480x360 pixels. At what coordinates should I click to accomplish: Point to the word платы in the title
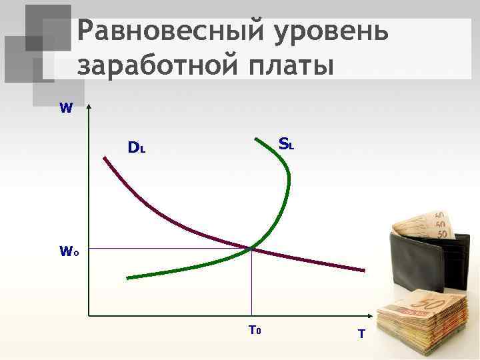(291, 67)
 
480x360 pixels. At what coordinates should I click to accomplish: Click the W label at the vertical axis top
(66, 107)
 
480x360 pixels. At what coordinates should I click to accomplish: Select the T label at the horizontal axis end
(361, 333)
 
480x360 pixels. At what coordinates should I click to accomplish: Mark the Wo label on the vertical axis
(69, 251)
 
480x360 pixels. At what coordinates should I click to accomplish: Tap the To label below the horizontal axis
(254, 329)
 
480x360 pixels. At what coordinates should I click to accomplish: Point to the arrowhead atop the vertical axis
(89, 107)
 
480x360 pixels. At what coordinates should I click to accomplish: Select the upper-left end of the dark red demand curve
(105, 157)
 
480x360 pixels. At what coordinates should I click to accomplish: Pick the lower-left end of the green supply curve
(127, 277)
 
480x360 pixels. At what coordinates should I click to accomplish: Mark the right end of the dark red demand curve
(364, 270)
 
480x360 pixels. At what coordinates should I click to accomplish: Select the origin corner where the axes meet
(89, 315)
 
